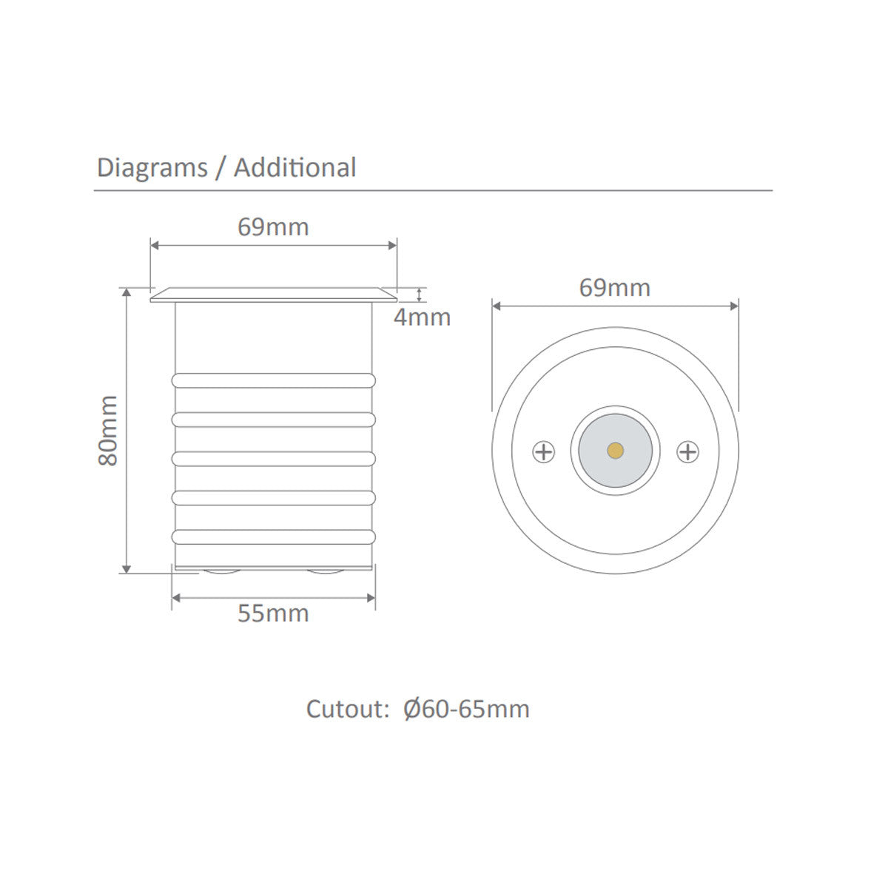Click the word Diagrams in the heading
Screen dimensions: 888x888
tap(152, 168)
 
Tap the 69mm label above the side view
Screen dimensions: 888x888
tap(273, 226)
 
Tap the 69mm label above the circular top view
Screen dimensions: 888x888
tap(614, 287)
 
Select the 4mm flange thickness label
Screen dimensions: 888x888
tap(422, 317)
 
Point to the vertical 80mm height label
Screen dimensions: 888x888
tap(109, 430)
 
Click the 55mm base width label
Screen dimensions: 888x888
tap(273, 613)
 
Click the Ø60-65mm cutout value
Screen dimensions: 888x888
tap(466, 709)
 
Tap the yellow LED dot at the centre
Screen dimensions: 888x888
tap(614, 450)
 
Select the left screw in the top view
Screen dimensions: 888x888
tap(544, 451)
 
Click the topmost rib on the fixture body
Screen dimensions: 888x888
tap(273, 380)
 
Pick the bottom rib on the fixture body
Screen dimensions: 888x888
tap(273, 536)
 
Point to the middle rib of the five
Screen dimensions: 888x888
tap(273, 458)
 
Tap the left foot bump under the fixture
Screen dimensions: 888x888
tap(218, 573)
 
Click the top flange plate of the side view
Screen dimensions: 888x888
tap(273, 295)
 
